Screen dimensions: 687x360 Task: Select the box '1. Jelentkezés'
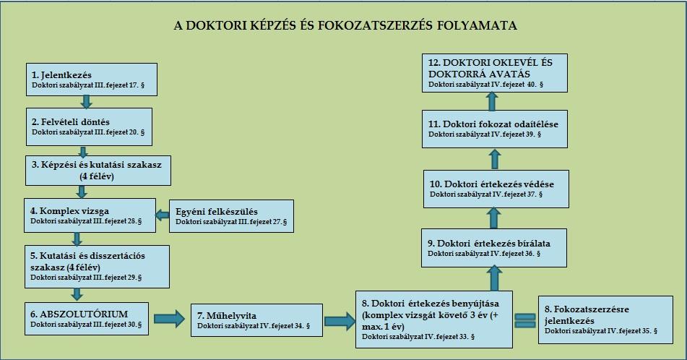click(92, 80)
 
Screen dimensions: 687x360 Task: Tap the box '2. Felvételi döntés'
click(89, 127)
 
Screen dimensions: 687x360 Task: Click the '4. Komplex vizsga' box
click(90, 215)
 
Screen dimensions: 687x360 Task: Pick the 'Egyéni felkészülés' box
click(231, 216)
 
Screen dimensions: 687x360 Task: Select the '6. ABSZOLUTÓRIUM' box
click(86, 319)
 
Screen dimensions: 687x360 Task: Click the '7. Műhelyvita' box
click(256, 320)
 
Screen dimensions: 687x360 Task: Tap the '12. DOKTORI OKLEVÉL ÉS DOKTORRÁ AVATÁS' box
click(495, 73)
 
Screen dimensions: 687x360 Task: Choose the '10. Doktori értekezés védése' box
click(496, 189)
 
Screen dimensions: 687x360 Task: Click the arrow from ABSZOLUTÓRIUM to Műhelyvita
click(170, 319)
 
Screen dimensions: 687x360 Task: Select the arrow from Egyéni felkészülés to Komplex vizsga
click(163, 215)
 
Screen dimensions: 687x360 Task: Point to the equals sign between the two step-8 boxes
click(525, 320)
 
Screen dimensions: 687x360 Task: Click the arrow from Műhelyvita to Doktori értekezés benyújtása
click(340, 321)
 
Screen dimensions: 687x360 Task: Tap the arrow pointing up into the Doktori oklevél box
click(492, 101)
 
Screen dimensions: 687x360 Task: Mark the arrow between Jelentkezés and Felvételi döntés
click(87, 102)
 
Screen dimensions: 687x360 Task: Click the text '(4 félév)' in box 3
click(97, 176)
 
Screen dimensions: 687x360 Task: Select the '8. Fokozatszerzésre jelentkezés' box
click(605, 320)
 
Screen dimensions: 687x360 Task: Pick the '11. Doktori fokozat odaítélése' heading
click(493, 124)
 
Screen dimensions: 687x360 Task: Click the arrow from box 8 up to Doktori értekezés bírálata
click(494, 278)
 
